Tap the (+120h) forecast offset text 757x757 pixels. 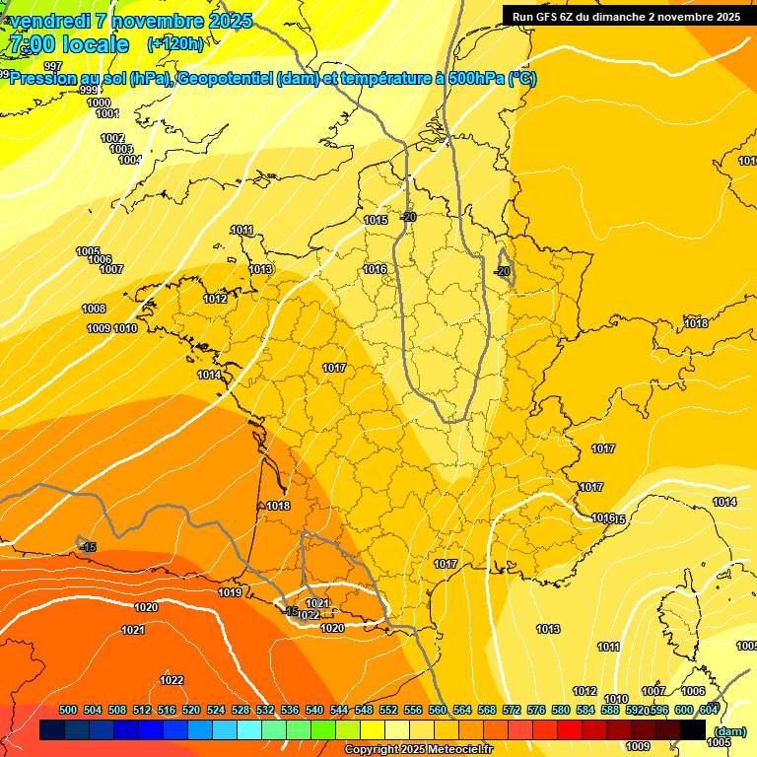point(174,43)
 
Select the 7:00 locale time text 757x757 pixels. point(68,44)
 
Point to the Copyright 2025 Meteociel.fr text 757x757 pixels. point(418,750)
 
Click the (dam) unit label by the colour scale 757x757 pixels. point(728,731)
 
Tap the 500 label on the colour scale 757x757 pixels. point(68,710)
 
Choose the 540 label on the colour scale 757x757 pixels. point(314,710)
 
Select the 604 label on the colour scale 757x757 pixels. point(709,710)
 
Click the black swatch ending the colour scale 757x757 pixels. point(693,730)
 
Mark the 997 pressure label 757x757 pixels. point(53,66)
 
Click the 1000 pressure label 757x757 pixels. point(99,103)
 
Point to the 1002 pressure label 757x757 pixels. point(112,138)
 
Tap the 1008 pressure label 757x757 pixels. point(94,309)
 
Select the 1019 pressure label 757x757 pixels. point(230,592)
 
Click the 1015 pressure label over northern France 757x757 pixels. point(376,220)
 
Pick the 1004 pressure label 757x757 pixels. point(129,160)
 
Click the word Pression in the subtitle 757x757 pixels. point(45,79)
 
